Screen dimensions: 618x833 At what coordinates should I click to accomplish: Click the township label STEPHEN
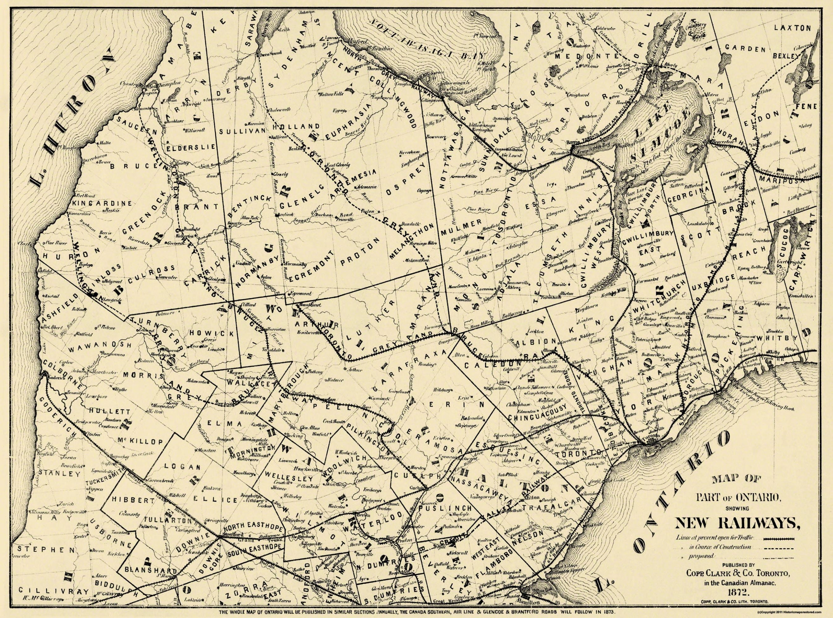41,550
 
